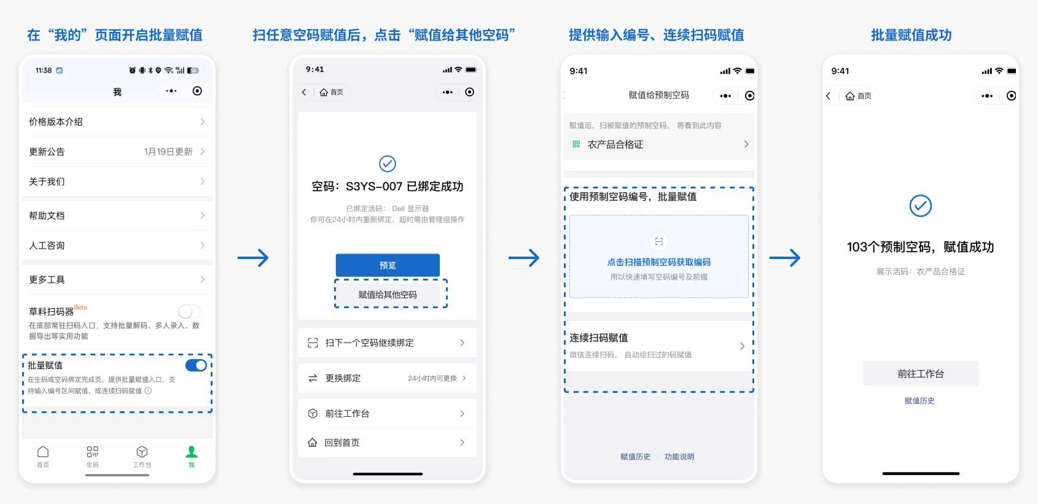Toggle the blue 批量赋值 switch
[197, 365]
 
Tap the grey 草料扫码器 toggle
[189, 311]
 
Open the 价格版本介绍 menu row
[117, 122]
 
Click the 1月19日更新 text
[168, 152]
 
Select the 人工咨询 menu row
[117, 246]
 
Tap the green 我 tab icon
[192, 452]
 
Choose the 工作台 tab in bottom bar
[142, 456]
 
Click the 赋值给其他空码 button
[388, 295]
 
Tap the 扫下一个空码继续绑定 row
[387, 343]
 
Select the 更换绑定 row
[387, 378]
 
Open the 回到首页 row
[387, 443]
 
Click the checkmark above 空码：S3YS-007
[388, 164]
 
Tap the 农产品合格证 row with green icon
[658, 144]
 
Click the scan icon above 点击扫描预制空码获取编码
[659, 241]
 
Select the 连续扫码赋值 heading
[599, 338]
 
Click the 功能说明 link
[679, 457]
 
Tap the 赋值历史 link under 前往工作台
[919, 401]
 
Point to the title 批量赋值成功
[911, 35]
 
